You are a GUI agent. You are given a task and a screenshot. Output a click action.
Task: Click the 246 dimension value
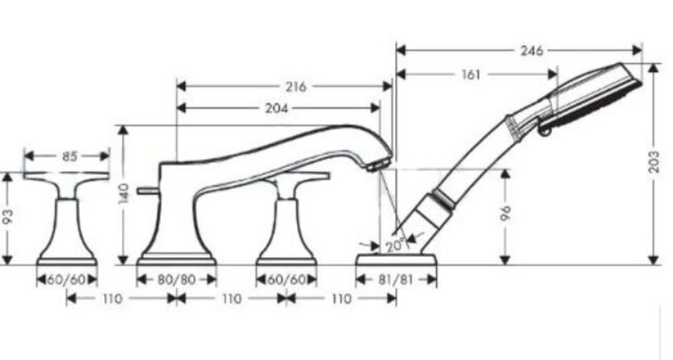[532, 50]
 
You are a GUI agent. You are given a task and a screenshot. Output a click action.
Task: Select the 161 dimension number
[471, 75]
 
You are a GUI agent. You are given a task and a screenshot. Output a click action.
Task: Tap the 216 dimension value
[296, 87]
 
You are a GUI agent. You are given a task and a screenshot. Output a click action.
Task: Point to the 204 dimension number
[276, 108]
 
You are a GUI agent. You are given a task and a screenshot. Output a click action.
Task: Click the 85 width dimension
[69, 156]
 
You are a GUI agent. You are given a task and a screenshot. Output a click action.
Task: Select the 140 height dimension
[124, 194]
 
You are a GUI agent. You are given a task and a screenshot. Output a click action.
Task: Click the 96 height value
[505, 213]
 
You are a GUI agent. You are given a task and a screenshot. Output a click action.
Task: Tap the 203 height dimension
[653, 161]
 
